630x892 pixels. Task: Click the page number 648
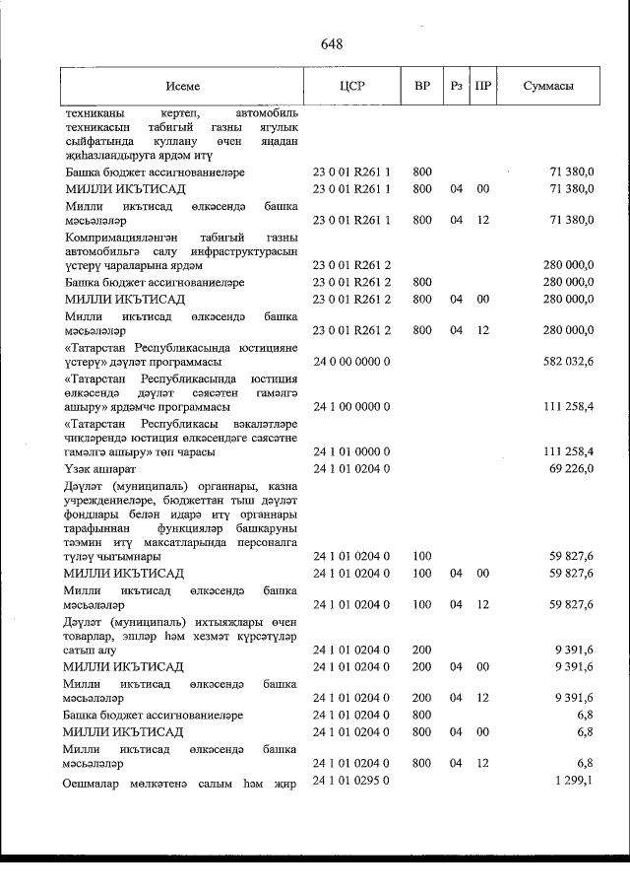pyautogui.click(x=331, y=44)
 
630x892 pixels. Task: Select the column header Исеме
pyautogui.click(x=182, y=87)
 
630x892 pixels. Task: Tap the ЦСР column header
pyautogui.click(x=351, y=87)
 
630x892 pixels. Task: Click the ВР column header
pyautogui.click(x=422, y=87)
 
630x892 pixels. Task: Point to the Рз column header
pyautogui.click(x=456, y=87)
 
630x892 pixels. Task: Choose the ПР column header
pyautogui.click(x=482, y=87)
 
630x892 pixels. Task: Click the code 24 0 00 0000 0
pyautogui.click(x=351, y=363)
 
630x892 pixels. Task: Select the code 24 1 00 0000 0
pyautogui.click(x=351, y=406)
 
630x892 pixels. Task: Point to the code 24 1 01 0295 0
pyautogui.click(x=351, y=781)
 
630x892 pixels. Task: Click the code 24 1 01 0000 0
pyautogui.click(x=351, y=451)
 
